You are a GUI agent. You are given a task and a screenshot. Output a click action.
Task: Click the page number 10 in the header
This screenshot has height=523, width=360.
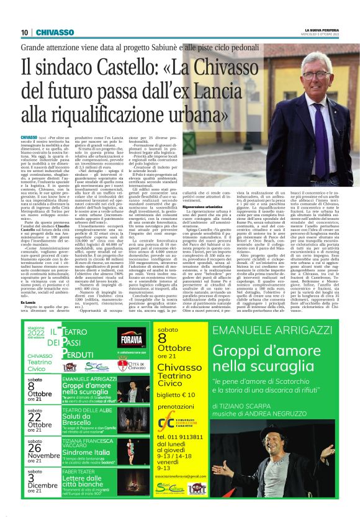(24, 32)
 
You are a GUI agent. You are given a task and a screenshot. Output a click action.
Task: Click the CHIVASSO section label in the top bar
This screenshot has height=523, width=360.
(54, 32)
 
